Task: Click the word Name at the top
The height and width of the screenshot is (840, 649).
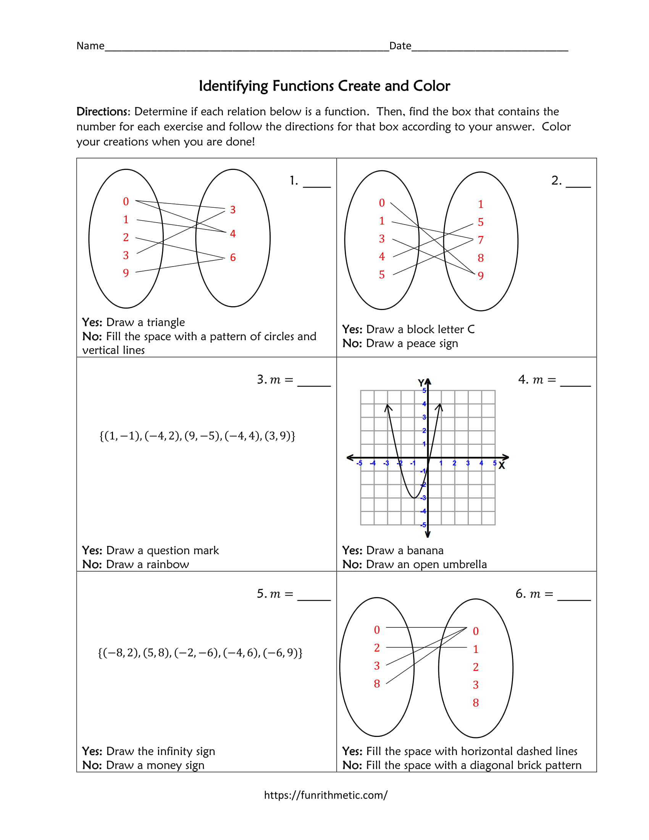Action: (x=90, y=46)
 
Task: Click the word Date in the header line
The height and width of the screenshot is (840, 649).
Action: (x=400, y=46)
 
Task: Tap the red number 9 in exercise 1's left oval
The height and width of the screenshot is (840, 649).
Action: (x=126, y=273)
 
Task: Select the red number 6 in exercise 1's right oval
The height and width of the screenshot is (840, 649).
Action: (x=232, y=258)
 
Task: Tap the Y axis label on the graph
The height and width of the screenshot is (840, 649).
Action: (x=421, y=383)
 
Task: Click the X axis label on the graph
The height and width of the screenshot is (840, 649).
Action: (x=501, y=466)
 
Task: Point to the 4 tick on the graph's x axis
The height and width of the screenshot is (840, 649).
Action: (x=481, y=464)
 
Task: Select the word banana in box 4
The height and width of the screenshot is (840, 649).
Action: (x=425, y=550)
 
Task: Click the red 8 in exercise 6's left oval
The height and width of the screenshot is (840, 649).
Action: (x=377, y=684)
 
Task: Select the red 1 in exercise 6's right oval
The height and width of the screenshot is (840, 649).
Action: (x=476, y=649)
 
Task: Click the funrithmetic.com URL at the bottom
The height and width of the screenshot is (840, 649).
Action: (x=325, y=795)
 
